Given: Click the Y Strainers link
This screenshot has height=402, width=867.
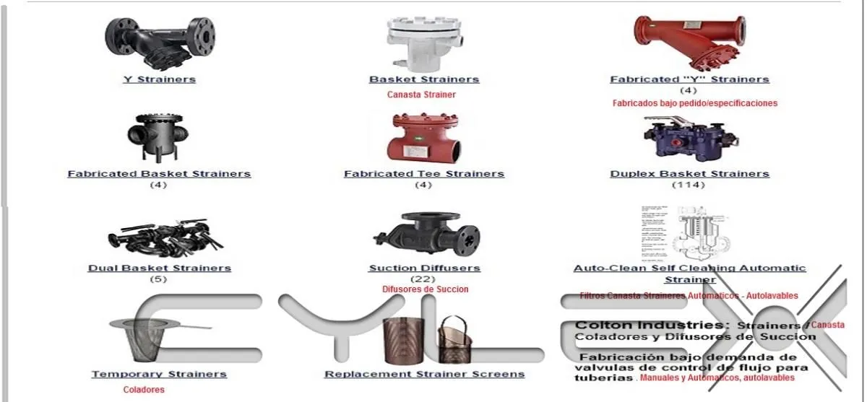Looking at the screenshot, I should (159, 79).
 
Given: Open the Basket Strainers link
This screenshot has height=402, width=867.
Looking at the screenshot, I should (423, 79).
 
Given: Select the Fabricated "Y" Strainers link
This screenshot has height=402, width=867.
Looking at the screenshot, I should (689, 79).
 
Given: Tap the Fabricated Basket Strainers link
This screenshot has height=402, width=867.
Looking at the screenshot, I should (159, 174).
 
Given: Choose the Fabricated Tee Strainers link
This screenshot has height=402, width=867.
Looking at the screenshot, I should (423, 174).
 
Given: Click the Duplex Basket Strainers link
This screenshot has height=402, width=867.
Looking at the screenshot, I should (689, 174).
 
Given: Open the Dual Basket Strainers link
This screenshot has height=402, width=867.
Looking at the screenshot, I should (159, 268).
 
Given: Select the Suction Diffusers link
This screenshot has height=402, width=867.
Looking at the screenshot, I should (424, 268).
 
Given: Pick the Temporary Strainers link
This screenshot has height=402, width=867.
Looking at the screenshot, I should (159, 375).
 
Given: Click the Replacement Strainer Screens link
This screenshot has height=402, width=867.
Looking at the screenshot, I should (424, 375).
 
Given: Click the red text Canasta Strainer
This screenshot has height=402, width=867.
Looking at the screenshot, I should (421, 95).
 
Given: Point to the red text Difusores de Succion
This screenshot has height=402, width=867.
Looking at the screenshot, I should (425, 289).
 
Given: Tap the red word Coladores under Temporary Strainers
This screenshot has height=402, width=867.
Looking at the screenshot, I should (144, 390).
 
